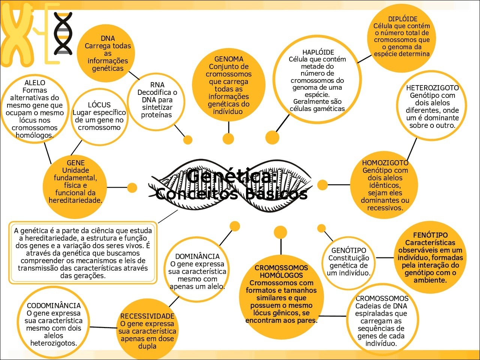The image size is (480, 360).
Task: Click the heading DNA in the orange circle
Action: tap(108, 39)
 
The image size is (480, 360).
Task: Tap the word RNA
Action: tap(157, 85)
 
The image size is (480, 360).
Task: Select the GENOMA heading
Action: tap(229, 59)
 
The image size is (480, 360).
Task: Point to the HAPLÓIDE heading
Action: tap(318, 52)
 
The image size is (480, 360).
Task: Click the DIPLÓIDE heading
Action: tap(403, 19)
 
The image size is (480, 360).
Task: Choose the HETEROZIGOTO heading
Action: tap(432, 88)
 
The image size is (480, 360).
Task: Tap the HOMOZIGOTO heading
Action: tap(385, 163)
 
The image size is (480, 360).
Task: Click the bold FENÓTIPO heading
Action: tap(430, 235)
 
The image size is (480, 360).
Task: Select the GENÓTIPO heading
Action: tap(349, 250)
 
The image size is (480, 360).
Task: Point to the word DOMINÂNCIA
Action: tap(197, 256)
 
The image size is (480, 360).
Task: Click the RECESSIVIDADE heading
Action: tap(147, 316)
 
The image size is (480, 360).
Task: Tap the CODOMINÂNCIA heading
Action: tap(54, 306)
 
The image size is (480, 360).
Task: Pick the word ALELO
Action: tap(35, 83)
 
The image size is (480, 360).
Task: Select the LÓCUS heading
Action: tap(99, 105)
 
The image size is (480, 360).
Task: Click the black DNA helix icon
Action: tap(63, 33)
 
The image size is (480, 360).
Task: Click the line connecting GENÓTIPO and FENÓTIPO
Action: tap(385, 258)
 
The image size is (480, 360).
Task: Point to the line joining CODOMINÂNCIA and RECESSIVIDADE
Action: tap(103, 327)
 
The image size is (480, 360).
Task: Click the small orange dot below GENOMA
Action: tap(228, 139)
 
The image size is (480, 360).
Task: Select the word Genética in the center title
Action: tap(232, 176)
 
